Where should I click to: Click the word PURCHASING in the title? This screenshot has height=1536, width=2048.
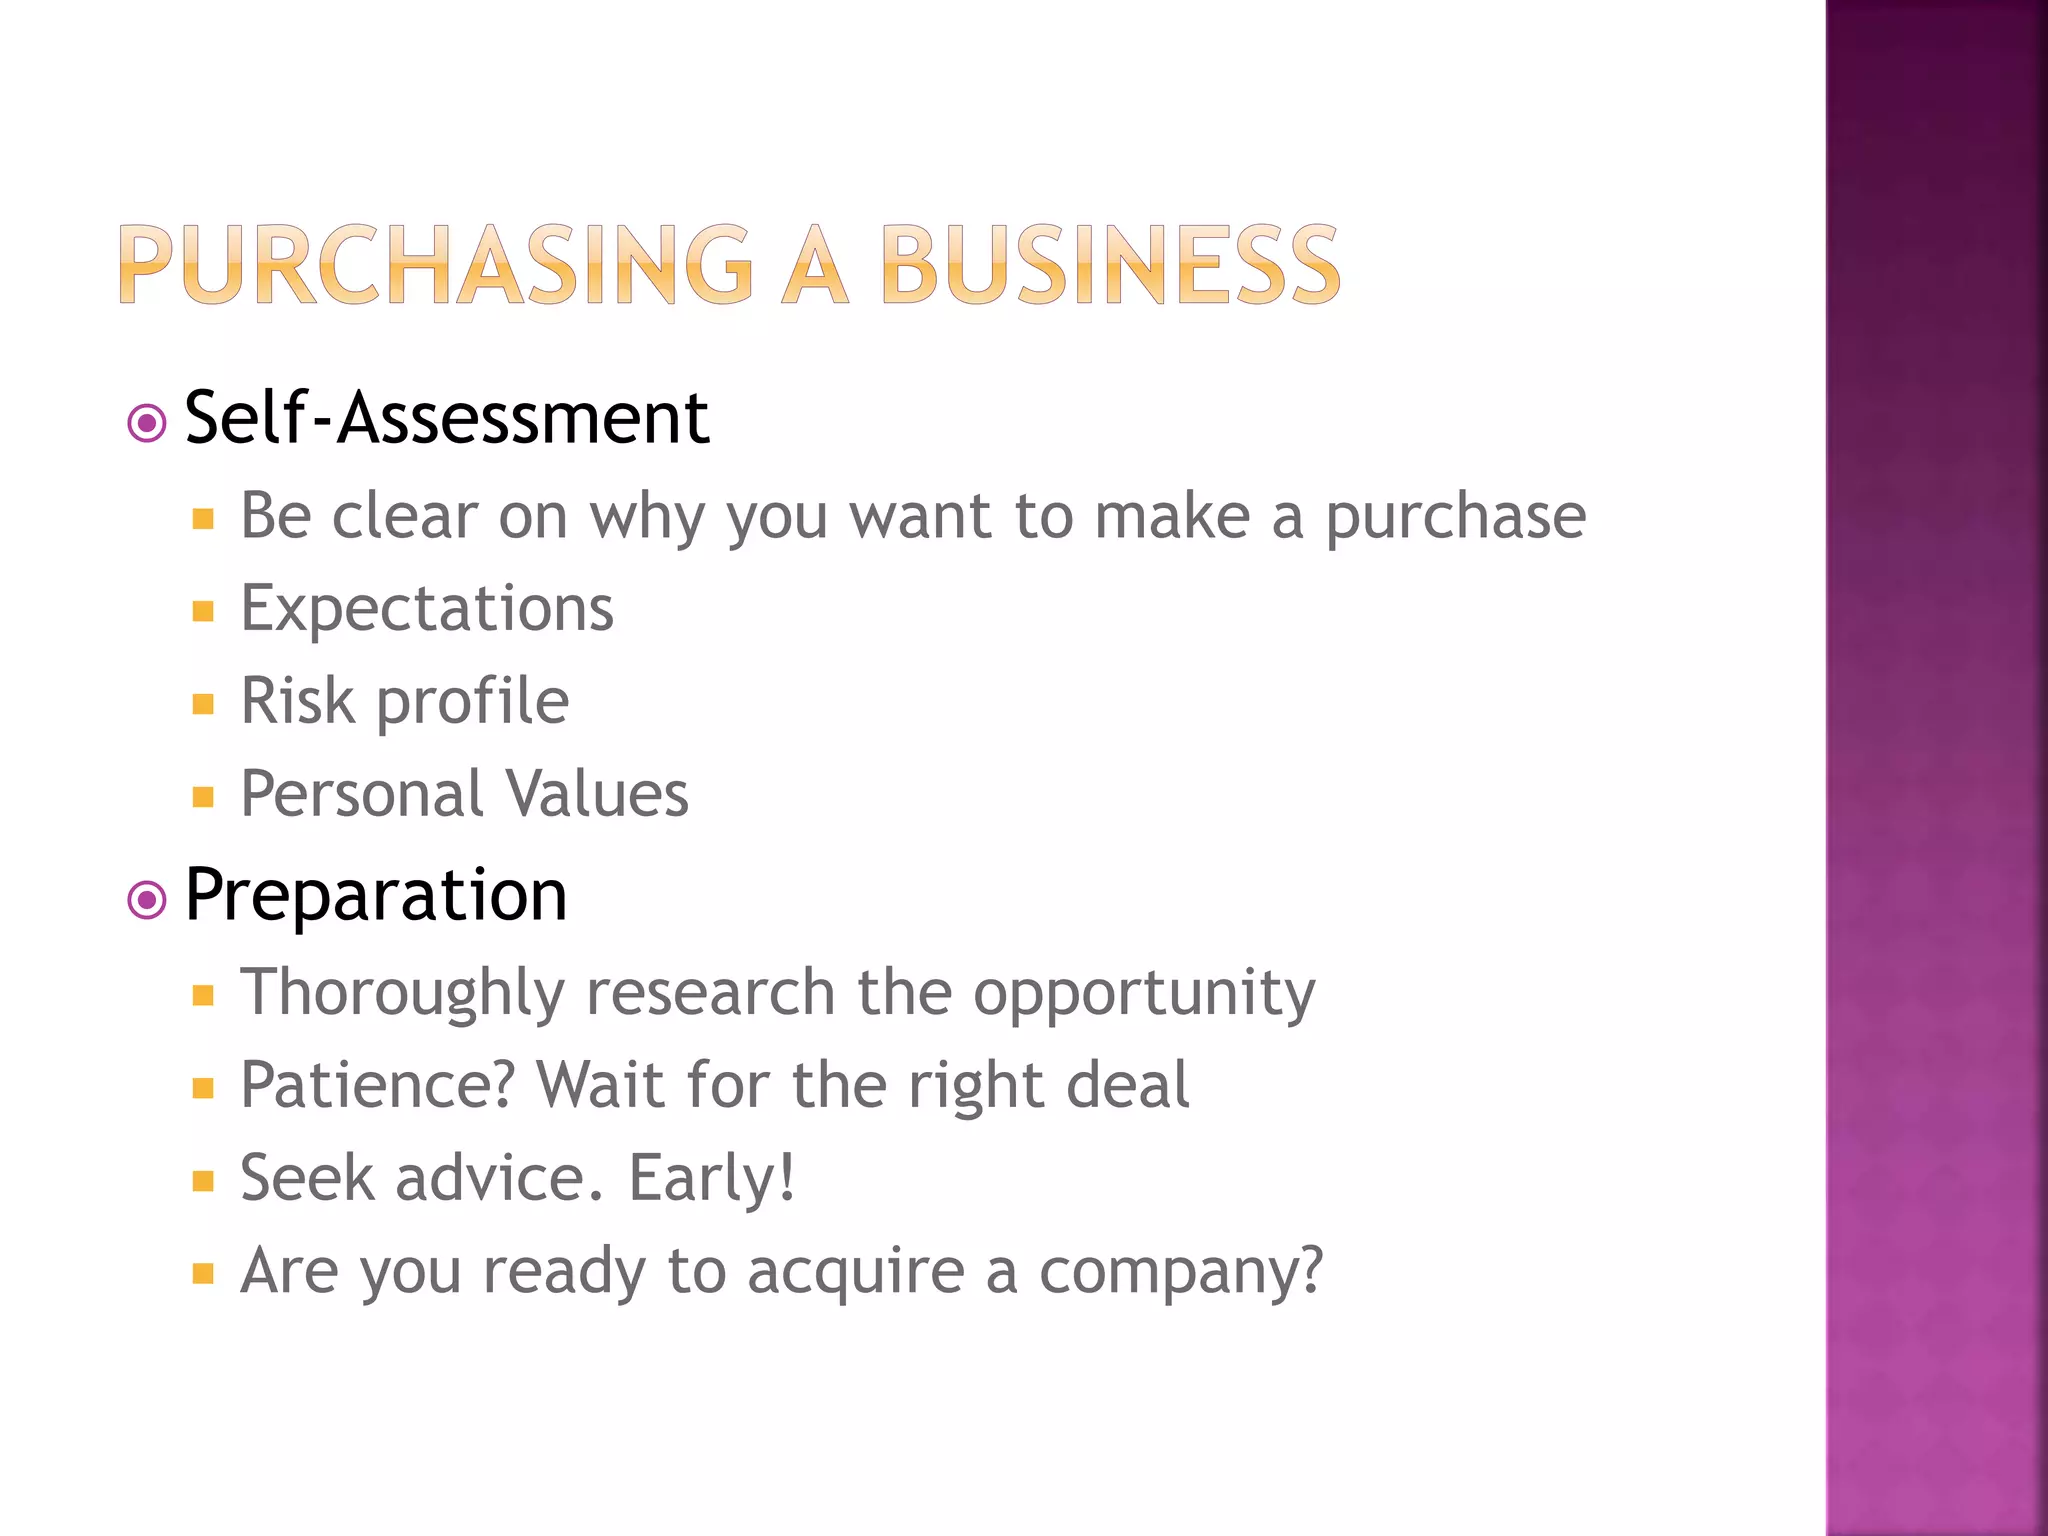[x=436, y=264]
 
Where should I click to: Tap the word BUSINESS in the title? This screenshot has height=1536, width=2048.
[x=1109, y=264]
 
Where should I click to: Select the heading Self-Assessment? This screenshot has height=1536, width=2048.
[x=447, y=418]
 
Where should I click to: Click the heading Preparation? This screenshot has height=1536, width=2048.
[x=376, y=895]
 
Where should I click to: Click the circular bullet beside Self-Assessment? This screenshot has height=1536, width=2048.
[x=147, y=423]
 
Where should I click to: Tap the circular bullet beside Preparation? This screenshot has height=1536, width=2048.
[x=147, y=900]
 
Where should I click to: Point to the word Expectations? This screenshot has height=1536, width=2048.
[x=427, y=608]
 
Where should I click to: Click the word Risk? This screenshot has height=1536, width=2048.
[x=297, y=700]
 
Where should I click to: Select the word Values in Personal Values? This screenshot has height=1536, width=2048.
[x=597, y=794]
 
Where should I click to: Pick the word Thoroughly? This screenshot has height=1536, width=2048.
[x=402, y=992]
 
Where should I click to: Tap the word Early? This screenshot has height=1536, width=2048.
[x=712, y=1178]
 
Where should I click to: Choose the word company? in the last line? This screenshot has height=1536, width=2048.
[x=1181, y=1272]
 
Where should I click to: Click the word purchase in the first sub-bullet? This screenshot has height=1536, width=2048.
[x=1455, y=518]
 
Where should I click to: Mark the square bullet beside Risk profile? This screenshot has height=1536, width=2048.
[x=204, y=705]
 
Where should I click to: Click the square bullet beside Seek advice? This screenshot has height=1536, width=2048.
[x=204, y=1182]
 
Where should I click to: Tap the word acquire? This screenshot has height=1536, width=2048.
[x=856, y=1272]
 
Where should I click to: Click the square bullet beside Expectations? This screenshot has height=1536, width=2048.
[x=204, y=612]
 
